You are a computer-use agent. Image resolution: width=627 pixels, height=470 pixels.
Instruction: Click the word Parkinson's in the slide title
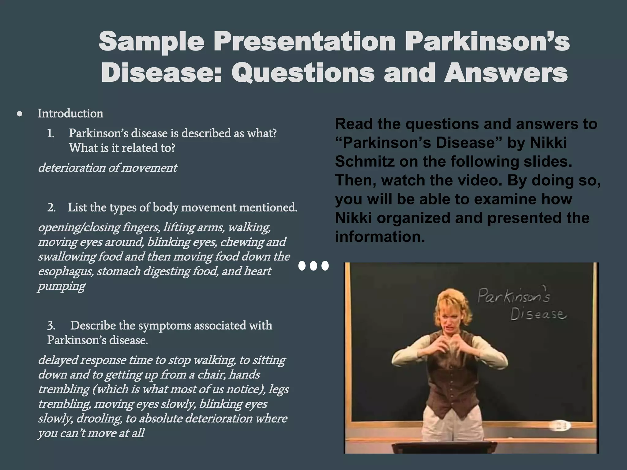click(x=487, y=42)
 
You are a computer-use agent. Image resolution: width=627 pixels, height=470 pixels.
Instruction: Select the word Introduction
click(x=70, y=114)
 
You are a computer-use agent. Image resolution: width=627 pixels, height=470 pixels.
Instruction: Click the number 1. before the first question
click(x=51, y=133)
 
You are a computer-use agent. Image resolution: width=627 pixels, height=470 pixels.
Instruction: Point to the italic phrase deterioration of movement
click(x=107, y=168)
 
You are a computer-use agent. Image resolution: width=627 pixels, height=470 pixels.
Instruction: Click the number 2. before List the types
click(x=51, y=208)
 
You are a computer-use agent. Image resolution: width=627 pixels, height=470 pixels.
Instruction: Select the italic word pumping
click(x=61, y=286)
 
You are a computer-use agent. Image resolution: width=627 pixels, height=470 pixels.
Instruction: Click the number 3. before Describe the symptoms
click(x=51, y=326)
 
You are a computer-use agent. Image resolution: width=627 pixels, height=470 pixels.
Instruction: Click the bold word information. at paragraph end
click(x=380, y=237)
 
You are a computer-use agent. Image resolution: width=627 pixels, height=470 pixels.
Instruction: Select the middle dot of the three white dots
click(x=313, y=266)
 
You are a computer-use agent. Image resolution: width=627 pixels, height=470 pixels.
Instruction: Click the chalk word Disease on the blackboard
click(x=538, y=314)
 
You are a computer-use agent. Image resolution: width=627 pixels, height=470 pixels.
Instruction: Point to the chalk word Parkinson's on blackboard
click(x=513, y=296)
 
